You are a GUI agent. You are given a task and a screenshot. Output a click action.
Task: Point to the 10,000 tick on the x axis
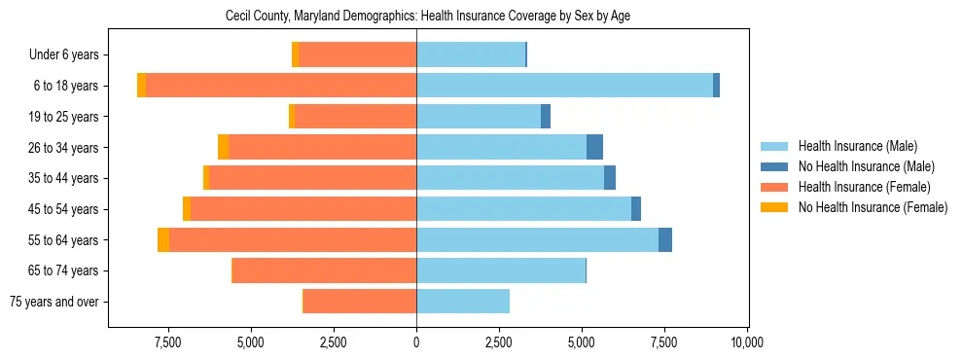pyautogui.click(x=747, y=342)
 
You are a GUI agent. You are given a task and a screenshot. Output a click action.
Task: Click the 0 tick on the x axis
pyautogui.click(x=416, y=342)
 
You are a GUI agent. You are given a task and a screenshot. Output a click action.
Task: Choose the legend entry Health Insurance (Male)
pyautogui.click(x=857, y=146)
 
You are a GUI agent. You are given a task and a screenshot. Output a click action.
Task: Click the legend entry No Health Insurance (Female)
pyautogui.click(x=873, y=207)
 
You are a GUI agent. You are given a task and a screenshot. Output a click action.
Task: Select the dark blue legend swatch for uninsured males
pyautogui.click(x=774, y=166)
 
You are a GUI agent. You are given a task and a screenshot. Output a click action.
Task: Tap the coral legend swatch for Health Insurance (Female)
pyautogui.click(x=774, y=187)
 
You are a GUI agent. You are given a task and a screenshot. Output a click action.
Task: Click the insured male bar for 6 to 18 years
pyautogui.click(x=564, y=86)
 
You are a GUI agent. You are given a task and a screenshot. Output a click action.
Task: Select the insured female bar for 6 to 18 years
pyautogui.click(x=281, y=86)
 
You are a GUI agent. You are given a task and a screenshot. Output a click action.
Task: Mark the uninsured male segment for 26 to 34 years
pyautogui.click(x=594, y=147)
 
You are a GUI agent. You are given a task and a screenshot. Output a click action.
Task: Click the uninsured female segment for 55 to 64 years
pyautogui.click(x=163, y=239)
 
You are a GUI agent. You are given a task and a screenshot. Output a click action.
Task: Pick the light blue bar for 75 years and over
pyautogui.click(x=463, y=302)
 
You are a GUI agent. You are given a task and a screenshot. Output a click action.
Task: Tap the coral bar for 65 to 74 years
pyautogui.click(x=325, y=270)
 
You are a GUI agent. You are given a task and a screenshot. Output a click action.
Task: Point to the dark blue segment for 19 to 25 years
pyautogui.click(x=546, y=117)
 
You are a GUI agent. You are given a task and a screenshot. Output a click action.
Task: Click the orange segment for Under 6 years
pyautogui.click(x=296, y=54)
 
